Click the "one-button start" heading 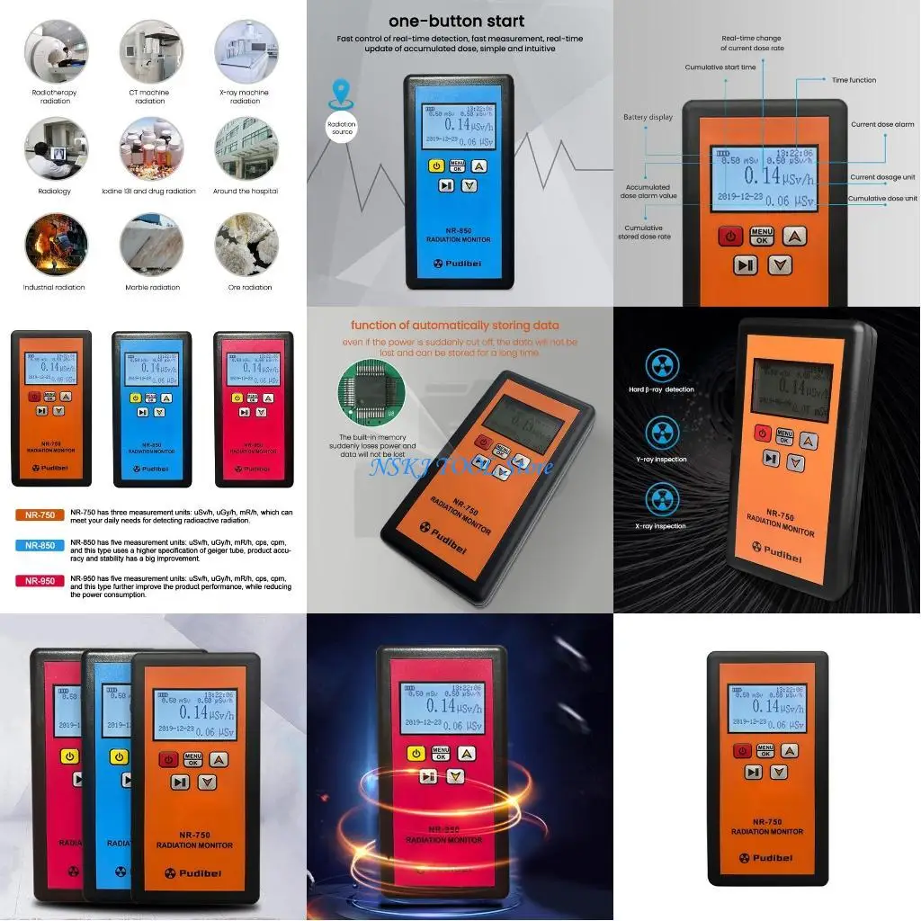456,21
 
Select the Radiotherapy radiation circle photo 56,52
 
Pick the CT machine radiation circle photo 150,52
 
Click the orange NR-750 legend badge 40,515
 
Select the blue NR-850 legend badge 40,545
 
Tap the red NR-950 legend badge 40,581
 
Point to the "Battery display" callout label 648,117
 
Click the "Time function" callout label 854,80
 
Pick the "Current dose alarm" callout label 882,125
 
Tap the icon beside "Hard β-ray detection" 662,365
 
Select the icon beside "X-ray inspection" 662,501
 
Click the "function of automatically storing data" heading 454,326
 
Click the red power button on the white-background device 743,751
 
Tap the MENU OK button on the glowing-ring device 441,754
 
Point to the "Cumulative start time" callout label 720,67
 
